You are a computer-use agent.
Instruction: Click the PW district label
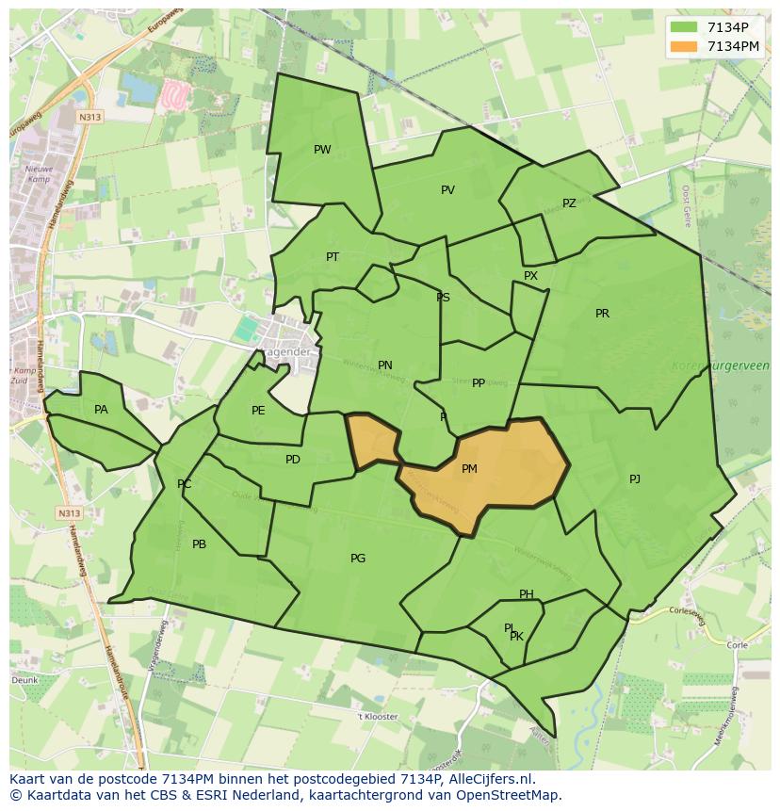tap(322, 150)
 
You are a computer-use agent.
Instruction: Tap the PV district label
tap(447, 190)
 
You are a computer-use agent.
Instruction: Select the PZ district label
tap(569, 203)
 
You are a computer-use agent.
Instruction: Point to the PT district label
tap(333, 257)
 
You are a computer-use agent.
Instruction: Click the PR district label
tap(602, 314)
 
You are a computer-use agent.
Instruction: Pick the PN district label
tap(385, 365)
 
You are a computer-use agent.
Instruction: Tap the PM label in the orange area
tap(469, 469)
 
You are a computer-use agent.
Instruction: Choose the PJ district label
tap(635, 479)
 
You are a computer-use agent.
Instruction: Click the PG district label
tap(358, 559)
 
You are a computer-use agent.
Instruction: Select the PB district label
tap(199, 544)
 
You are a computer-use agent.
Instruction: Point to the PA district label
tap(101, 410)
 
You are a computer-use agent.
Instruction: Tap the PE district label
tap(258, 411)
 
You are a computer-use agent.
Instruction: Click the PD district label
tap(293, 460)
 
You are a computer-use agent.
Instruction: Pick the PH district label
tap(527, 594)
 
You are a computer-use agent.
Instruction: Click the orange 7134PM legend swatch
tap(685, 46)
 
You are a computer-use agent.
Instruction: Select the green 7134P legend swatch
tap(685, 27)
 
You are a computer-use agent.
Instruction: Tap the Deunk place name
tap(24, 679)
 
